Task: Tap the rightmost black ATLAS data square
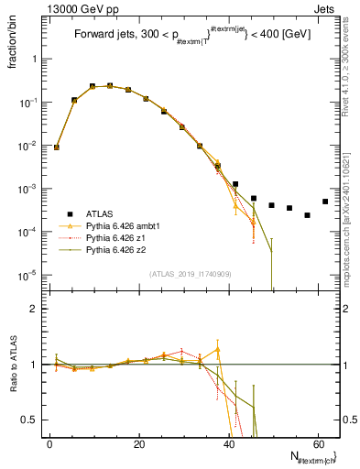click(325, 202)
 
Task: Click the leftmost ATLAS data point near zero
click(57, 147)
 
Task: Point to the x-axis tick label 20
click(138, 444)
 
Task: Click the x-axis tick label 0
click(49, 444)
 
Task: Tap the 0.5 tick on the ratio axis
click(34, 420)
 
